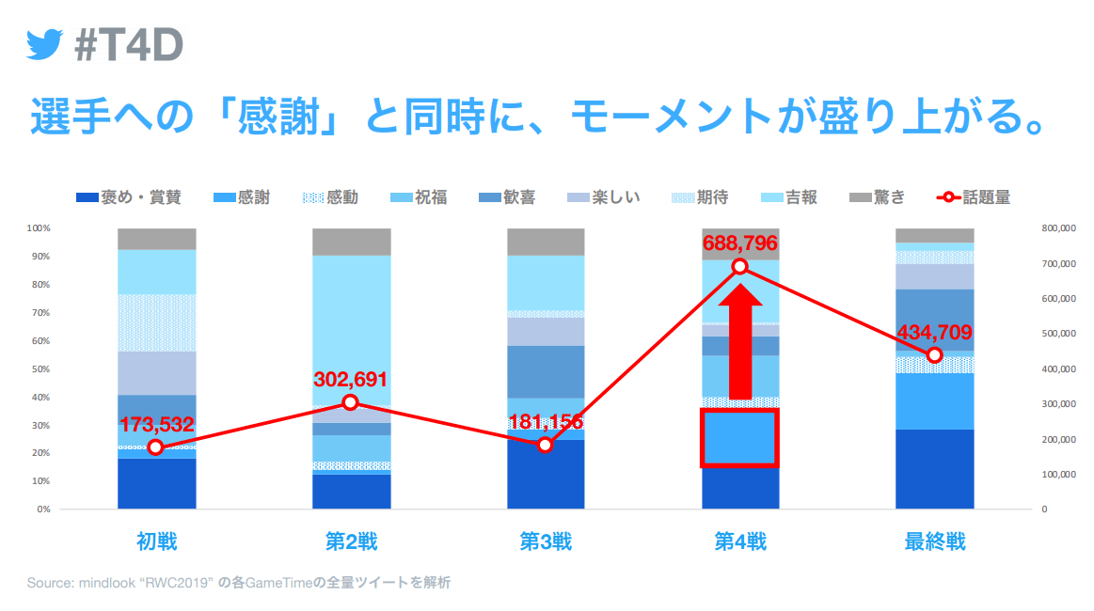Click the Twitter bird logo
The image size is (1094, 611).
(44, 44)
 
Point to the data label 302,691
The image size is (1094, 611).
(350, 381)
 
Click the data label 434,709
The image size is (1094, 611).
(934, 333)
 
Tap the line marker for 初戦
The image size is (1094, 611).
(156, 447)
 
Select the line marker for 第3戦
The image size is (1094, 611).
(546, 445)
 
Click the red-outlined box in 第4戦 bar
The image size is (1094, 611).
(738, 437)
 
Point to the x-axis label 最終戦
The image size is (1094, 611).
(934, 542)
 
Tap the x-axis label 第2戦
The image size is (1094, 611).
(351, 542)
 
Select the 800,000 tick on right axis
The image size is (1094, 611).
(1061, 228)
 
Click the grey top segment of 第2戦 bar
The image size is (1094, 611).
(351, 242)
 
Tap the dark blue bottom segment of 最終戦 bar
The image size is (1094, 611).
(934, 469)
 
